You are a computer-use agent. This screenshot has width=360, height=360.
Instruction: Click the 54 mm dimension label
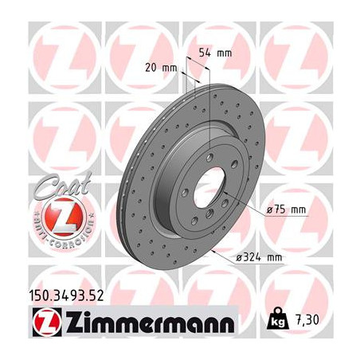[214, 52]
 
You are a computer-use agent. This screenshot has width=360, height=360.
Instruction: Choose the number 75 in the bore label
[283, 209]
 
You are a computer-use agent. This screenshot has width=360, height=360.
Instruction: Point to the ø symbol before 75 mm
[269, 209]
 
